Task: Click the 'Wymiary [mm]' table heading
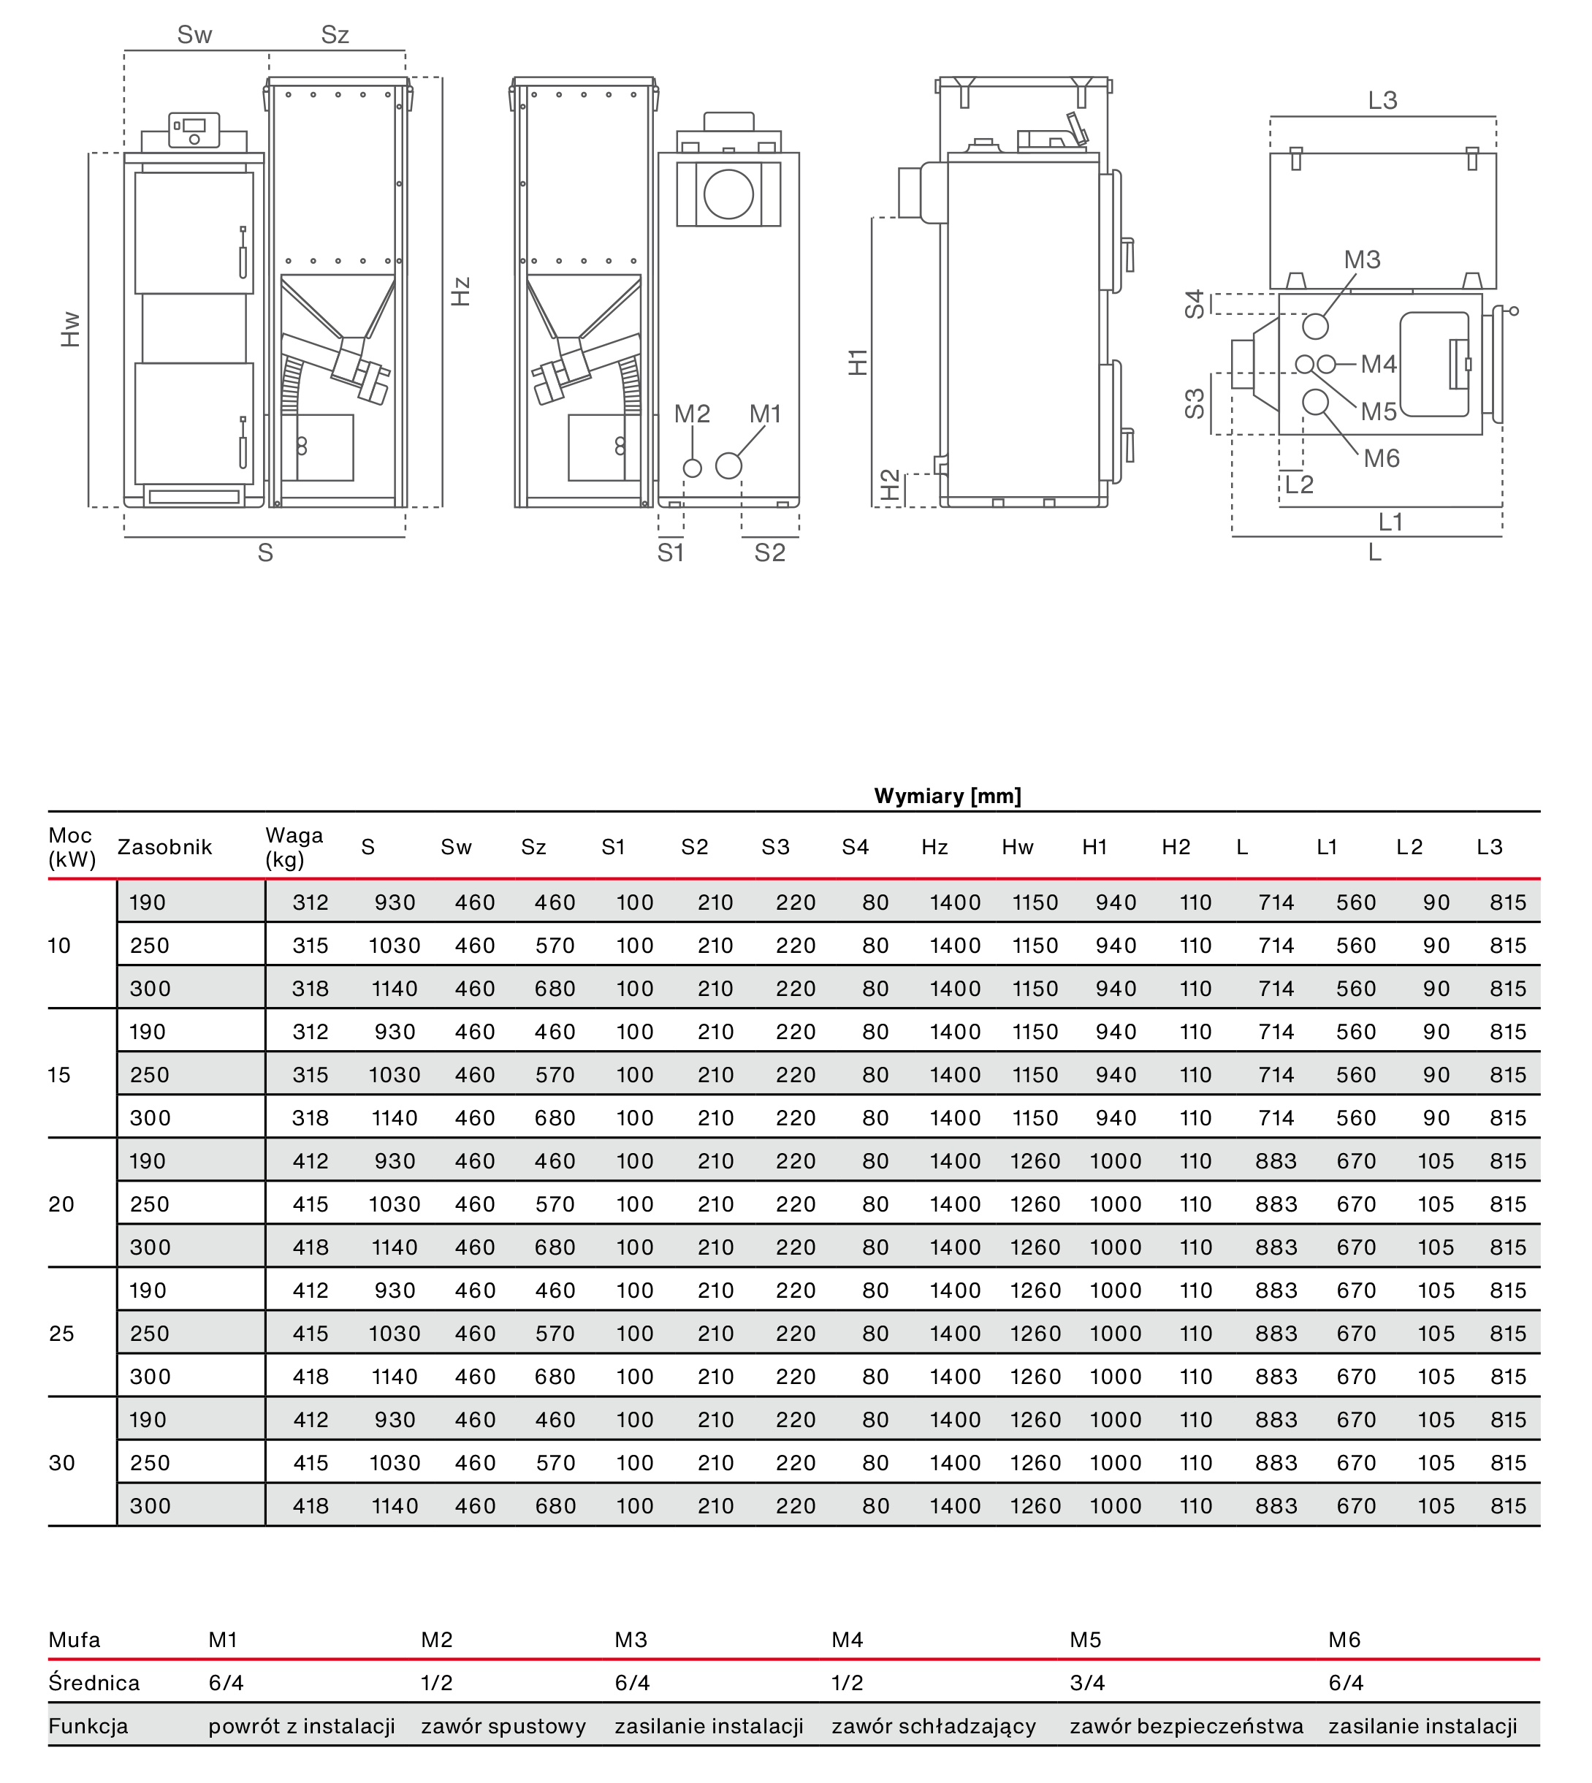pos(948,795)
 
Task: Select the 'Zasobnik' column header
pos(164,847)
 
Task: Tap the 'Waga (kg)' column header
pos(294,847)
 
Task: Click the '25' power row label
pos(61,1334)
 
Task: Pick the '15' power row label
pos(58,1074)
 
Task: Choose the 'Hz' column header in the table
pos(934,847)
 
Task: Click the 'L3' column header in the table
pos(1489,847)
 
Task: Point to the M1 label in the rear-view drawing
pos(766,414)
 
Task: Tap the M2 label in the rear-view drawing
pos(692,414)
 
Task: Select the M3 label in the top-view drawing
pos(1362,260)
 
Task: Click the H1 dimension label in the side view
pos(858,361)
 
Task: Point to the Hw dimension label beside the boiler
pos(71,329)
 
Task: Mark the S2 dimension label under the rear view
pos(770,553)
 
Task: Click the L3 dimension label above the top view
pos(1382,101)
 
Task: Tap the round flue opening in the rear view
pos(728,194)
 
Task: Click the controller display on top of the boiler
pos(194,126)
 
